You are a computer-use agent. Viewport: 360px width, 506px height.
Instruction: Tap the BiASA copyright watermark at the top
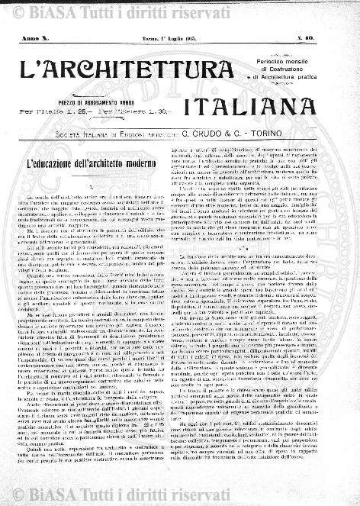(x=180, y=9)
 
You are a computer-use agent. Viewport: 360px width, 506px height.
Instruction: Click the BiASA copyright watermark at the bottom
(x=180, y=497)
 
